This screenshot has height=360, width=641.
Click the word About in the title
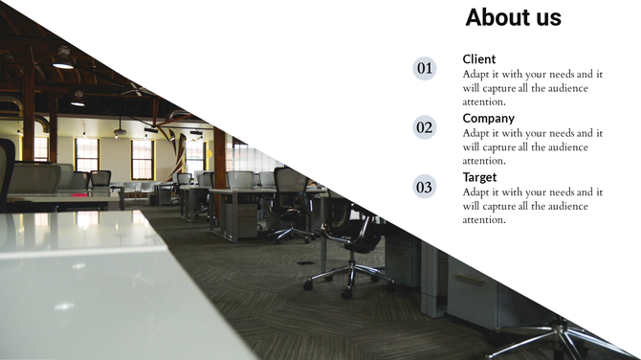(x=494, y=17)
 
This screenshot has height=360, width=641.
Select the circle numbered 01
(x=425, y=68)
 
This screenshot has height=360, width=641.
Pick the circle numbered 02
(x=425, y=127)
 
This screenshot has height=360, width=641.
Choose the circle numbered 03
(x=425, y=187)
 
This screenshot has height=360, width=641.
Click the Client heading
(x=479, y=58)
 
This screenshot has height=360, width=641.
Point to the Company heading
(x=488, y=119)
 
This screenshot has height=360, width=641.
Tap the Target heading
(x=479, y=177)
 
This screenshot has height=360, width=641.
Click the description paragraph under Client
(x=532, y=88)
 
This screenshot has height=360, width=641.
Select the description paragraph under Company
(x=532, y=147)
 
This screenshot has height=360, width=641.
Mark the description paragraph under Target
(x=532, y=206)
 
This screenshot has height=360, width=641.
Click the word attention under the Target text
(x=484, y=220)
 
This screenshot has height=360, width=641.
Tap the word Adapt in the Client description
(x=477, y=74)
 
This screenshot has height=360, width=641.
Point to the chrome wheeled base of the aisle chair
(x=349, y=278)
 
